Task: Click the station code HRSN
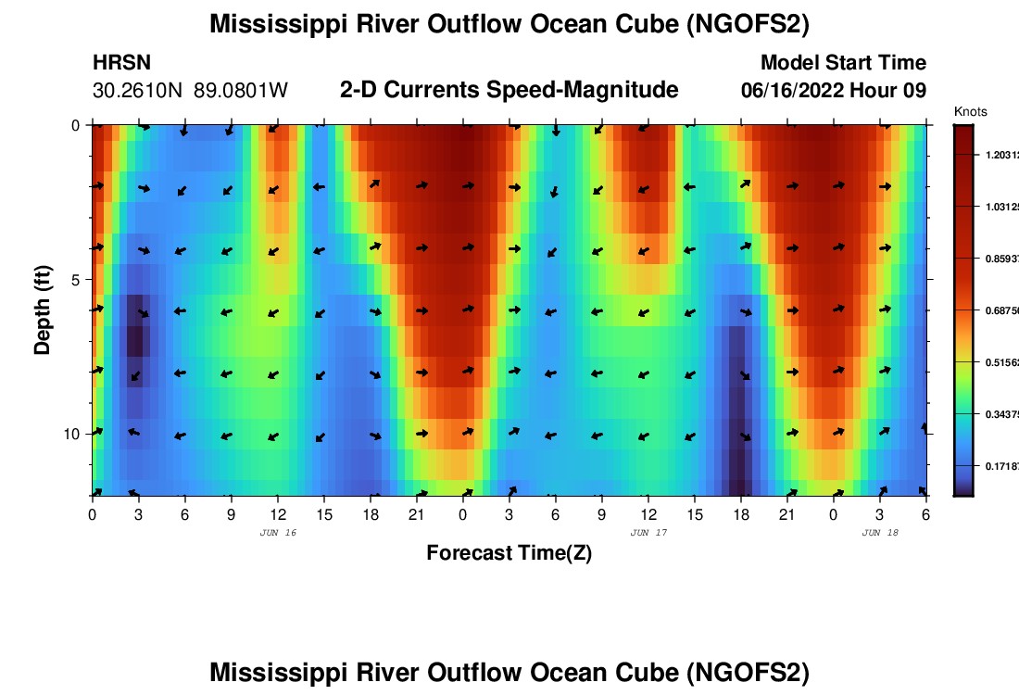tap(122, 63)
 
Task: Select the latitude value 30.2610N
tap(139, 91)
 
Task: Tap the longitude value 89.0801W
tap(241, 91)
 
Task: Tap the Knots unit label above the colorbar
tap(970, 111)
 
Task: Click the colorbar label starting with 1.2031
tap(1000, 156)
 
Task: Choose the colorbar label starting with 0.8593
tap(1000, 259)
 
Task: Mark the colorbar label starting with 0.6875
tap(1000, 311)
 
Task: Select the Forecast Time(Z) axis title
tap(509, 553)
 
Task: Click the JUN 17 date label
tap(648, 533)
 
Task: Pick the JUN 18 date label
tap(879, 533)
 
